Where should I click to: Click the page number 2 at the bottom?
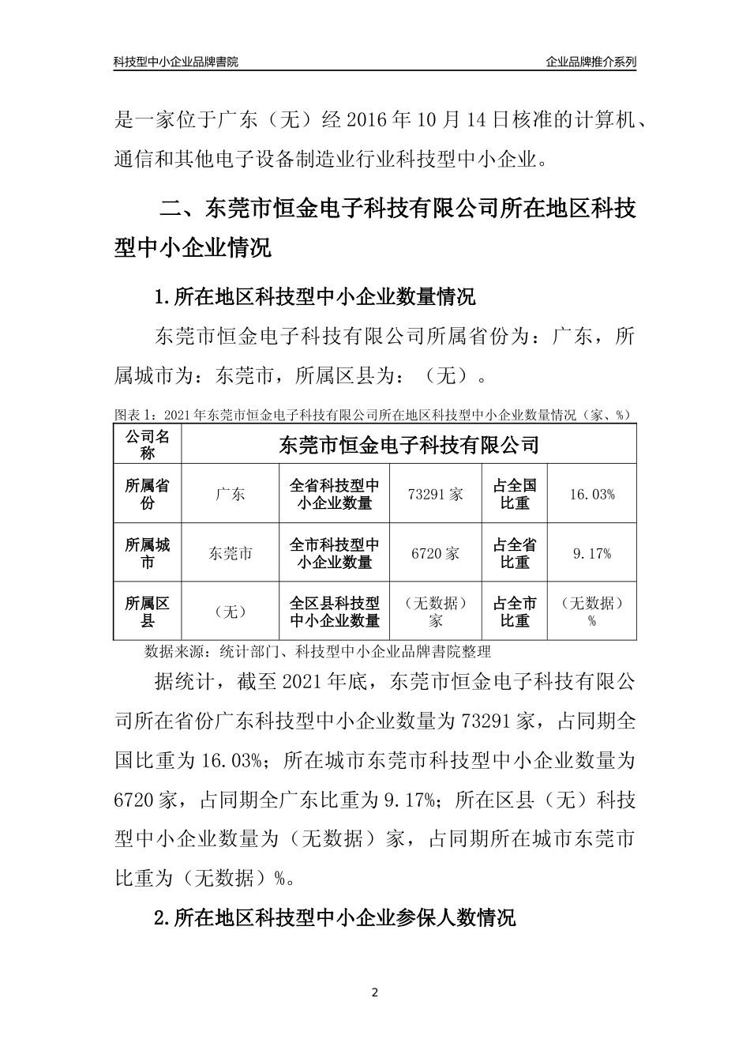pos(375,992)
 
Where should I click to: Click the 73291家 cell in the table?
pos(436,494)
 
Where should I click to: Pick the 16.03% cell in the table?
pos(591,494)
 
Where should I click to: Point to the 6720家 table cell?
pos(436,553)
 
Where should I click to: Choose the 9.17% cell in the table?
pos(591,553)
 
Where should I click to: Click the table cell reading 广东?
pos(230,494)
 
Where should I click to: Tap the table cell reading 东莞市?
pos(230,553)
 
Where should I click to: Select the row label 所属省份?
pos(148,494)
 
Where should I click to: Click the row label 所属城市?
pos(148,553)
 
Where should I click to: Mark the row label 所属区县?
pos(148,612)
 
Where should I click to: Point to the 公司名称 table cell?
pos(148,444)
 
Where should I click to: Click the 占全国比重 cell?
pos(515,494)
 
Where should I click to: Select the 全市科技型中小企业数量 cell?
pos(335,553)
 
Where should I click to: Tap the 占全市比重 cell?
pos(515,612)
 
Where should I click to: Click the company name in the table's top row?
pos(409,444)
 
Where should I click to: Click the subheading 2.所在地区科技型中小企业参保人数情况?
pos(336,917)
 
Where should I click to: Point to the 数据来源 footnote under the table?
pos(317,652)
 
